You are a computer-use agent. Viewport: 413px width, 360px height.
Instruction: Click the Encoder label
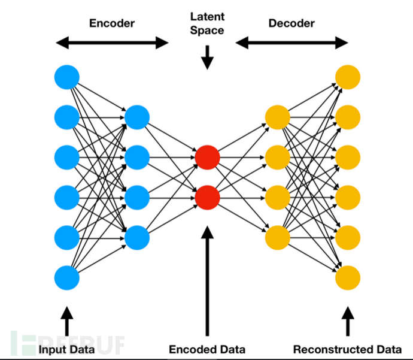tap(112, 23)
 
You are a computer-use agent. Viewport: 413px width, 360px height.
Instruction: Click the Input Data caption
tap(66, 349)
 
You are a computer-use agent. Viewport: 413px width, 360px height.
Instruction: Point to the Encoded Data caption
tap(207, 349)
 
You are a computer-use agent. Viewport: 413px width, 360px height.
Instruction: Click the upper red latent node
tap(207, 157)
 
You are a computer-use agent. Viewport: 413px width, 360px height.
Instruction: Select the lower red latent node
tap(207, 196)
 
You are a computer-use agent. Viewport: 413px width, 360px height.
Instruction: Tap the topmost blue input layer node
tap(66, 77)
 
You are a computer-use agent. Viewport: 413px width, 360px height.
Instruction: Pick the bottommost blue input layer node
tap(66, 277)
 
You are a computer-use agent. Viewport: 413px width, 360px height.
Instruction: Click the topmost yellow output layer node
tap(348, 77)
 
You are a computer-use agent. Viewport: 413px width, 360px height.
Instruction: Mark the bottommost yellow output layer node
tap(348, 277)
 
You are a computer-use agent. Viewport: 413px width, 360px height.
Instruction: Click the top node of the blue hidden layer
tap(137, 117)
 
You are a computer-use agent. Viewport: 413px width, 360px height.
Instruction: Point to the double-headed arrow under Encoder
tap(112, 43)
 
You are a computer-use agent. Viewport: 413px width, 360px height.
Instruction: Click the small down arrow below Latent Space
tap(207, 58)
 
